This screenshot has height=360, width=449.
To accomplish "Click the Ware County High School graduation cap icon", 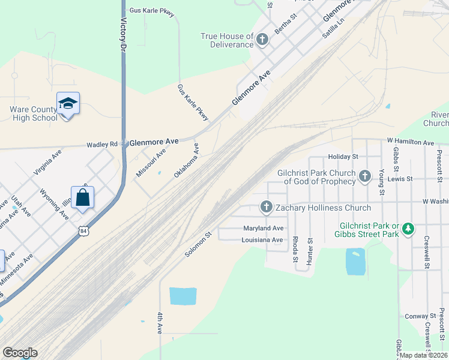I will pyautogui.click(x=68, y=104).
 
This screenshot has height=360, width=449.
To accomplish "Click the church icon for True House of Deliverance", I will pyautogui.click(x=262, y=40).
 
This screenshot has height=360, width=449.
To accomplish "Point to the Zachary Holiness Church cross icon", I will pyautogui.click(x=267, y=208).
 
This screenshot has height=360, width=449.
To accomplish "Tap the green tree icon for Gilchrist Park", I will pyautogui.click(x=408, y=229).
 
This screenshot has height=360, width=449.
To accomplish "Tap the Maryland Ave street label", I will pyautogui.click(x=263, y=229).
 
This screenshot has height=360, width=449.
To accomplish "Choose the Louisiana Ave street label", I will pyautogui.click(x=262, y=240).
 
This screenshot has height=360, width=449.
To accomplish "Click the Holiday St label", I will pyautogui.click(x=343, y=156).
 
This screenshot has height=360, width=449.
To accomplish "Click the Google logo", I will pyautogui.click(x=20, y=353).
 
